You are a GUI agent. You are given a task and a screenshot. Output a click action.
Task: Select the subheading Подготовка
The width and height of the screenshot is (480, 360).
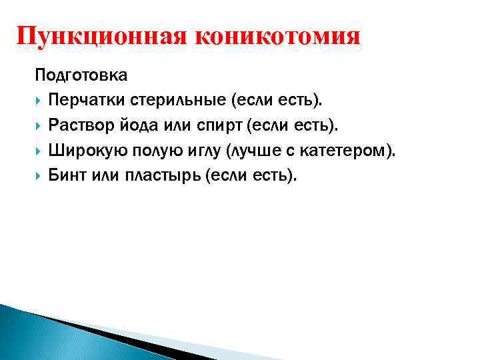point(81,75)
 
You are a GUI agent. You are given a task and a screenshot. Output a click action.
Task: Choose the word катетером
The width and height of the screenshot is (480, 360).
point(351,151)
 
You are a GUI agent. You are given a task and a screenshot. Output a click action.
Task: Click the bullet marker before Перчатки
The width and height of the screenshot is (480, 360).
point(39,101)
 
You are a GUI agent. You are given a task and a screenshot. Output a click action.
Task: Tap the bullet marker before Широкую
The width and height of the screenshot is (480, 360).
point(39,151)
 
